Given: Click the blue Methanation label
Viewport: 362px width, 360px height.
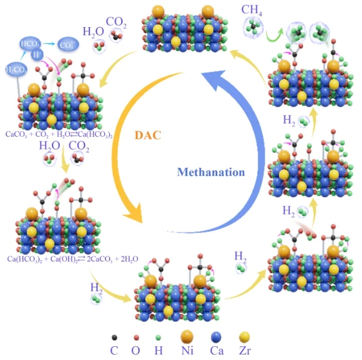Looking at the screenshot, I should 211,172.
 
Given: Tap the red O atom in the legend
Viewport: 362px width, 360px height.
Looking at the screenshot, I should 136,336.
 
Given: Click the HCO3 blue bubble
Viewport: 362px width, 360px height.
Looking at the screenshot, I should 29,44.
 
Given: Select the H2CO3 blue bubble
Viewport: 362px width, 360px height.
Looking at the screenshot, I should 16,70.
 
